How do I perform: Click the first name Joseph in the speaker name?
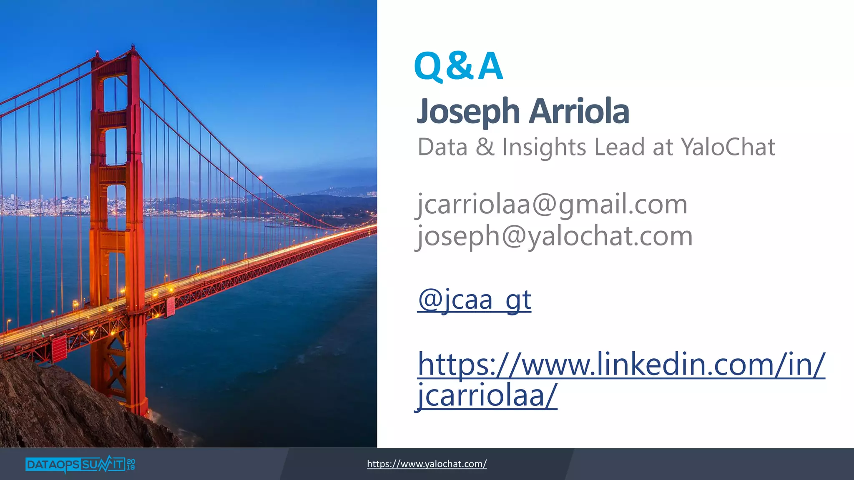[469, 112]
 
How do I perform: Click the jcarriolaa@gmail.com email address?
[552, 205]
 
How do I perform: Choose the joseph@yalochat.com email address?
[555, 236]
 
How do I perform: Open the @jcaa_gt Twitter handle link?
[474, 300]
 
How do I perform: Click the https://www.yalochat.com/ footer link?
[427, 464]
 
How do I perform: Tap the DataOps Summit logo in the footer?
[75, 464]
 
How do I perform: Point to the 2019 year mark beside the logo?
[131, 465]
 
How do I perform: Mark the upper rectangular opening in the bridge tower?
[116, 93]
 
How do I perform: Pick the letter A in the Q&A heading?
[490, 67]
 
